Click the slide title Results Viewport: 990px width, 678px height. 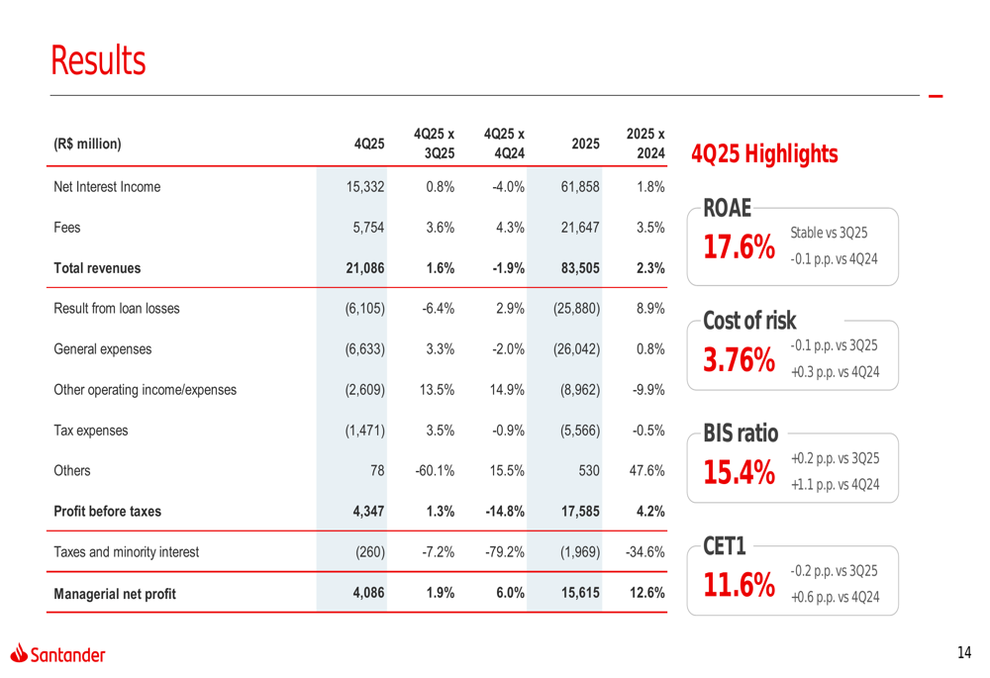pyautogui.click(x=98, y=61)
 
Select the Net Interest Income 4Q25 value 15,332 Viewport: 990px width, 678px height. pyautogui.click(x=363, y=186)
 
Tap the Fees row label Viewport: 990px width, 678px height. pyautogui.click(x=67, y=227)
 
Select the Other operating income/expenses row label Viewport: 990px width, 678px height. pyautogui.click(x=145, y=390)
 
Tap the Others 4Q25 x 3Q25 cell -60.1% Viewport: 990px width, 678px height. pyautogui.click(x=435, y=471)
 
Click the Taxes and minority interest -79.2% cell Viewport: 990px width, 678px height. pyautogui.click(x=504, y=552)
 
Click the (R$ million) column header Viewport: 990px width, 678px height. pyautogui.click(x=87, y=144)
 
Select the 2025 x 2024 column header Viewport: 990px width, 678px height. pyautogui.click(x=645, y=144)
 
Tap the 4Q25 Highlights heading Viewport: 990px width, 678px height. pyautogui.click(x=764, y=155)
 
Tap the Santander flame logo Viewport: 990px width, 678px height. pyautogui.click(x=19, y=652)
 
